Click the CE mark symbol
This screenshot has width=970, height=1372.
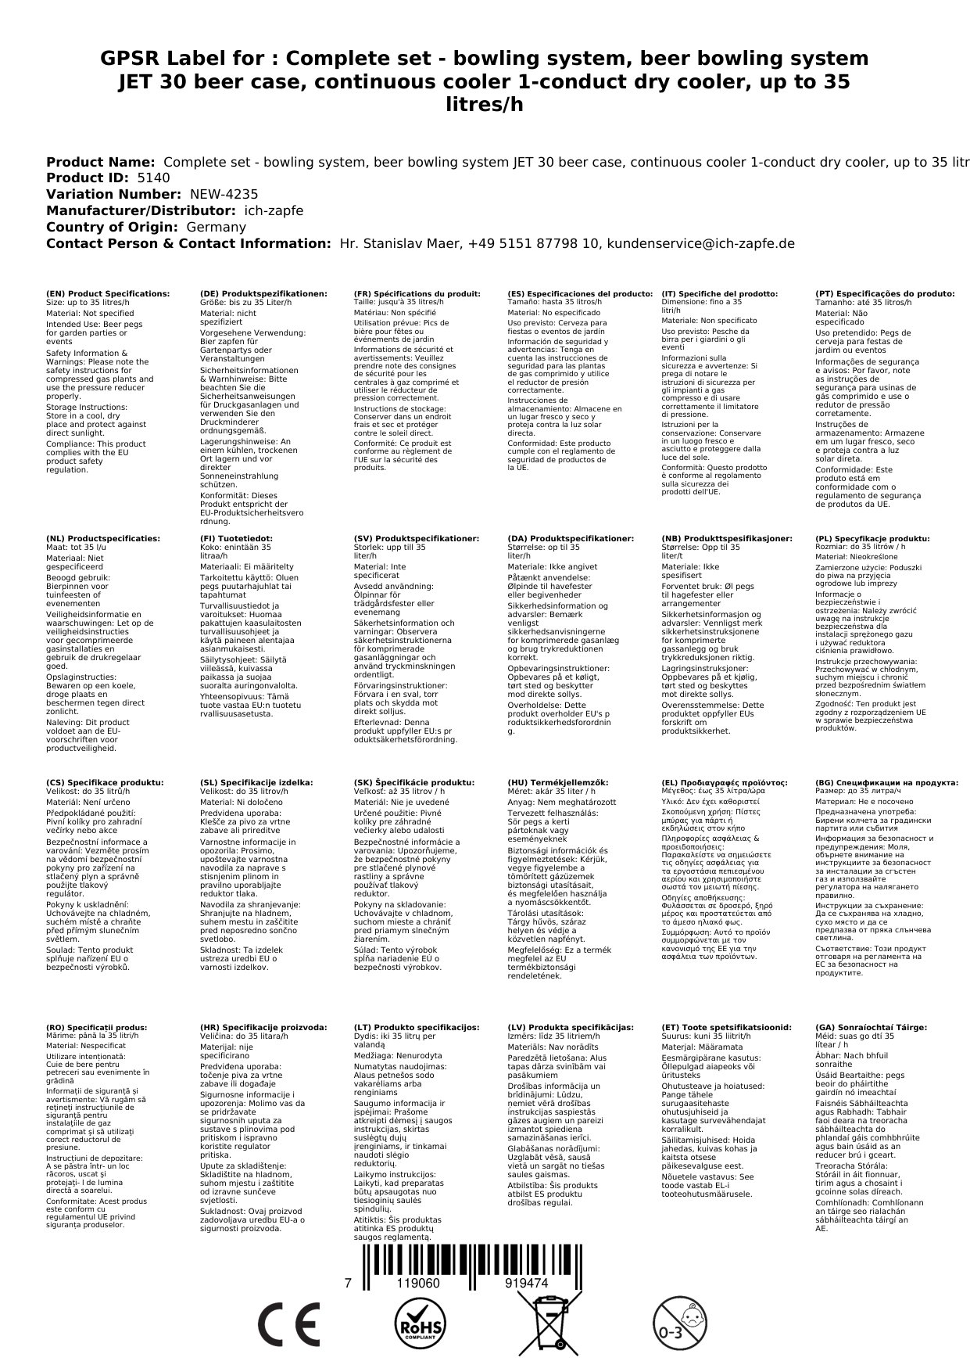coord(288,1324)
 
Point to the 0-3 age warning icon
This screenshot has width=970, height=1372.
coord(678,1324)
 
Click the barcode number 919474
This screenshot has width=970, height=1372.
coord(526,1284)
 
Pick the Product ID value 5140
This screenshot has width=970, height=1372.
coord(153,178)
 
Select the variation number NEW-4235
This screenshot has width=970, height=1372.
coord(224,195)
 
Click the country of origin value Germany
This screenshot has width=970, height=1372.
coord(216,227)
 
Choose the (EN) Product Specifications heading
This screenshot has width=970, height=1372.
coord(107,294)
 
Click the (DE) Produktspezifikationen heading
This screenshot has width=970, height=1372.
coord(263,294)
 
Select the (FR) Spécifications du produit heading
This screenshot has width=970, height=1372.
coord(417,294)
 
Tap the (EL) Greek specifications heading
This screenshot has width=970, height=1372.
coord(725,782)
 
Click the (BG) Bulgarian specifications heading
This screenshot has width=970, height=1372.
coord(886,782)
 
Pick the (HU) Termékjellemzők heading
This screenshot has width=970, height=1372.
coord(557,782)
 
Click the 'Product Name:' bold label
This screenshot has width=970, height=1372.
coord(100,162)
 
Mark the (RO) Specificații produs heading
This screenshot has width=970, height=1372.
coord(96,1027)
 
